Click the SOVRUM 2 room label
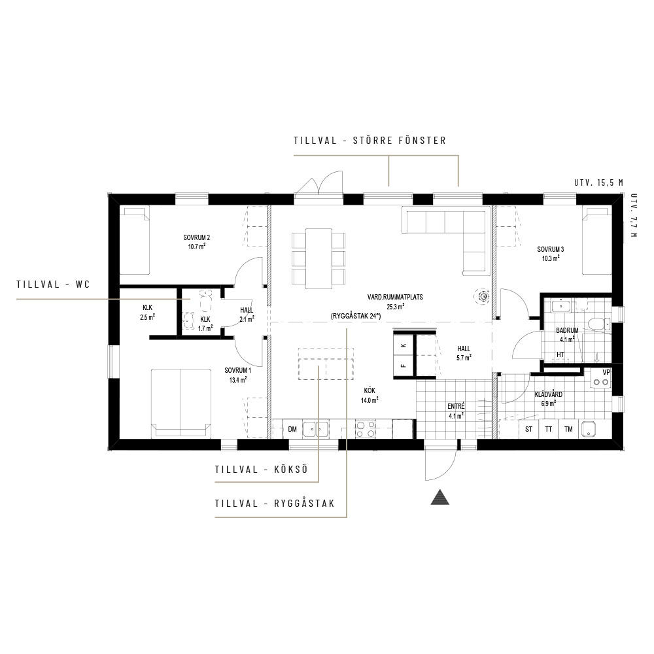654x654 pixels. point(196,238)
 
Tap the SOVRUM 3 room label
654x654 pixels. point(550,249)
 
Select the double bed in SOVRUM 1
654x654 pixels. point(181,403)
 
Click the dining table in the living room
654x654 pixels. point(319,258)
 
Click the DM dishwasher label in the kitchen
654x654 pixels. point(292,429)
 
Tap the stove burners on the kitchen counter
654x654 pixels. point(365,429)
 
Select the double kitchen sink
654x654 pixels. point(315,429)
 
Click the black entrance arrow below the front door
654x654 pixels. point(439,497)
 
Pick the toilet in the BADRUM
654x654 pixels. point(598,323)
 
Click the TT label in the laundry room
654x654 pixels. point(549,429)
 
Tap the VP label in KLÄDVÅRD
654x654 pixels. point(606,372)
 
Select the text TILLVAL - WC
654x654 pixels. point(54,284)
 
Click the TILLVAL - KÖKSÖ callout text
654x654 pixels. point(262,469)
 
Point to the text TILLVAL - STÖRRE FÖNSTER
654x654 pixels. point(370,141)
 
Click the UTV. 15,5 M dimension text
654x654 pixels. point(598,182)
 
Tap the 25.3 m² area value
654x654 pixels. point(395,307)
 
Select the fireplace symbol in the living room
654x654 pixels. point(483,296)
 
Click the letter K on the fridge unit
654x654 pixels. point(403,345)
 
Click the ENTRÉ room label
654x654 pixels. point(456,406)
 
